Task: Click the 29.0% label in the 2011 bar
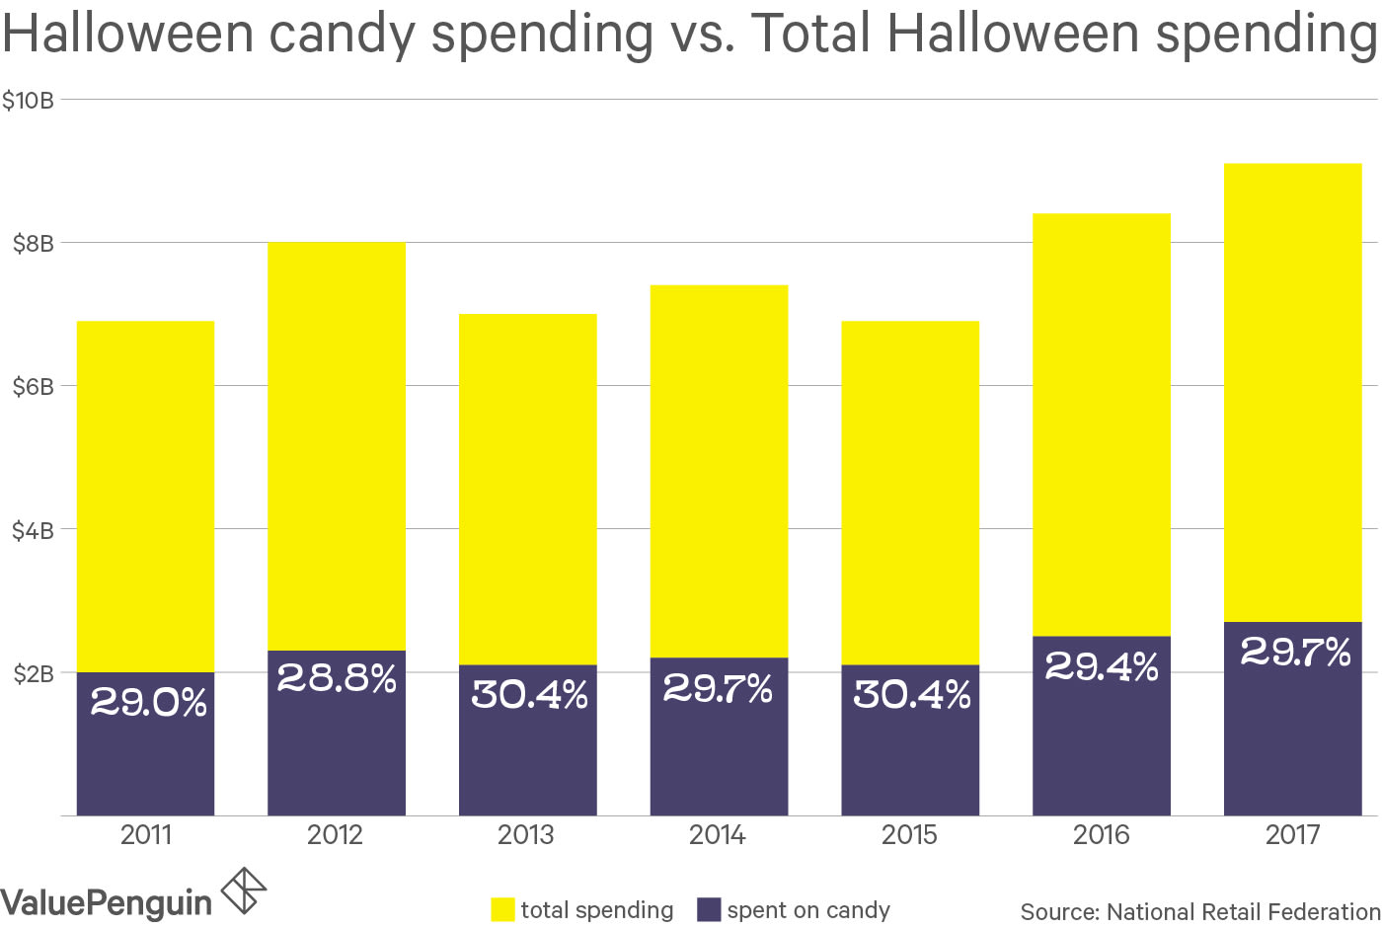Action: [x=148, y=702]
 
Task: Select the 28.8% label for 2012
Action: [x=337, y=678]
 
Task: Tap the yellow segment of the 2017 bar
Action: [x=1292, y=395]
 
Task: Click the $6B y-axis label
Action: [x=33, y=386]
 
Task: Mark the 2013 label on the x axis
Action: [x=526, y=835]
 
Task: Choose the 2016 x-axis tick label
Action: [x=1101, y=835]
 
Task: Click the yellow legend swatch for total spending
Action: [x=502, y=909]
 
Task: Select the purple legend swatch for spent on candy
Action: [x=709, y=909]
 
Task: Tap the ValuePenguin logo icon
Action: [x=244, y=890]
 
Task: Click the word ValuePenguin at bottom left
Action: [x=106, y=902]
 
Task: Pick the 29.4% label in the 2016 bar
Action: [x=1102, y=667]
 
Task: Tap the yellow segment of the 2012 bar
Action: [x=337, y=444]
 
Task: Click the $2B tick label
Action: [x=33, y=674]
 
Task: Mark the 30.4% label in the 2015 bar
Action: [x=911, y=695]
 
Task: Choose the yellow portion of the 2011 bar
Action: [x=145, y=494]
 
